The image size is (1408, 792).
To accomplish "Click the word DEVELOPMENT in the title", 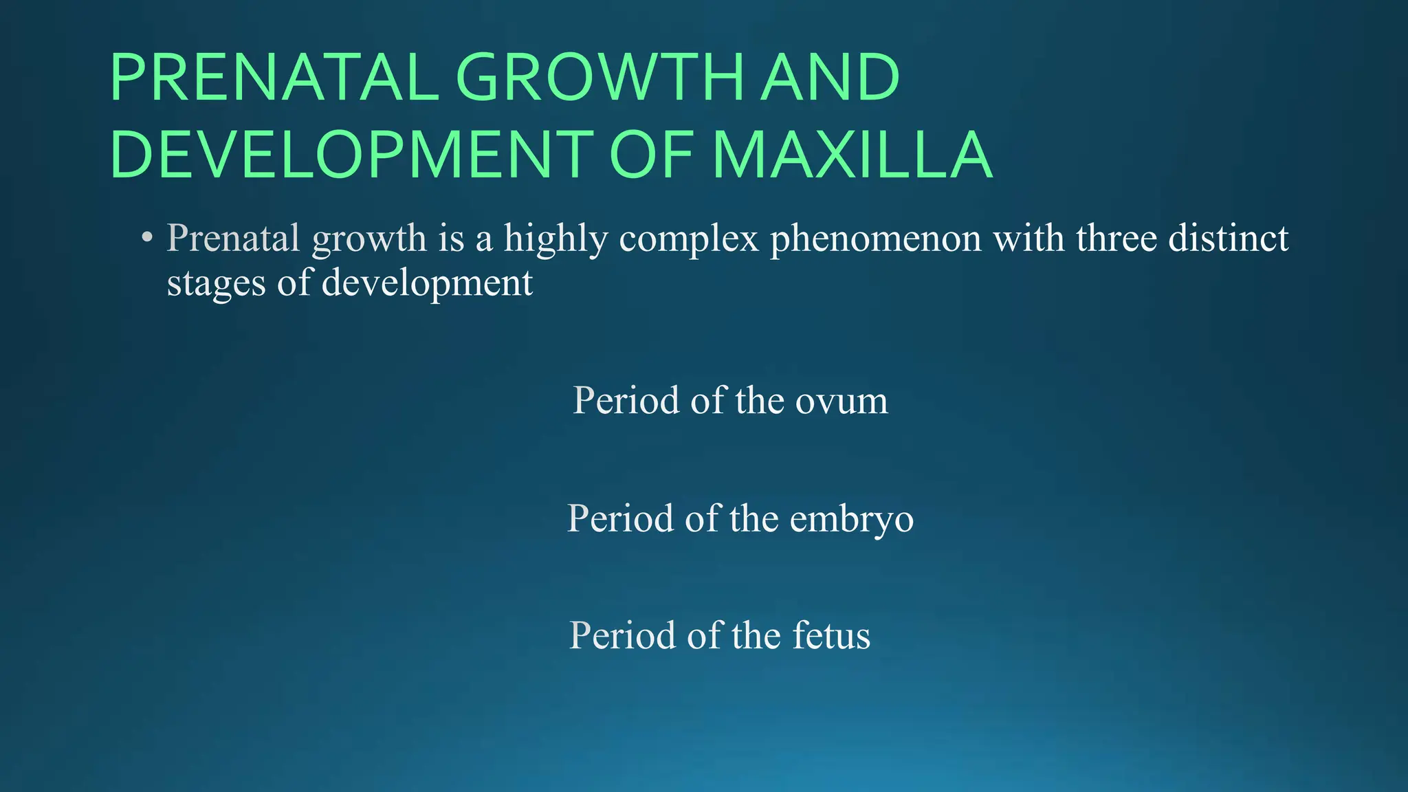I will click(x=351, y=155).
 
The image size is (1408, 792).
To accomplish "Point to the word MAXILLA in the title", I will click(x=852, y=155).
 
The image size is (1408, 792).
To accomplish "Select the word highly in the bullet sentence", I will click(x=555, y=239).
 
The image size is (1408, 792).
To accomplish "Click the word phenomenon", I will click(x=875, y=239).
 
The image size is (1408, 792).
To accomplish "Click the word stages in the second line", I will click(x=216, y=283).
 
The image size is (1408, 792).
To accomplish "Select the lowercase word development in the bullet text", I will click(x=427, y=283).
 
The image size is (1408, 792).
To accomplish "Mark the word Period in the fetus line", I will click(x=623, y=635).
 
